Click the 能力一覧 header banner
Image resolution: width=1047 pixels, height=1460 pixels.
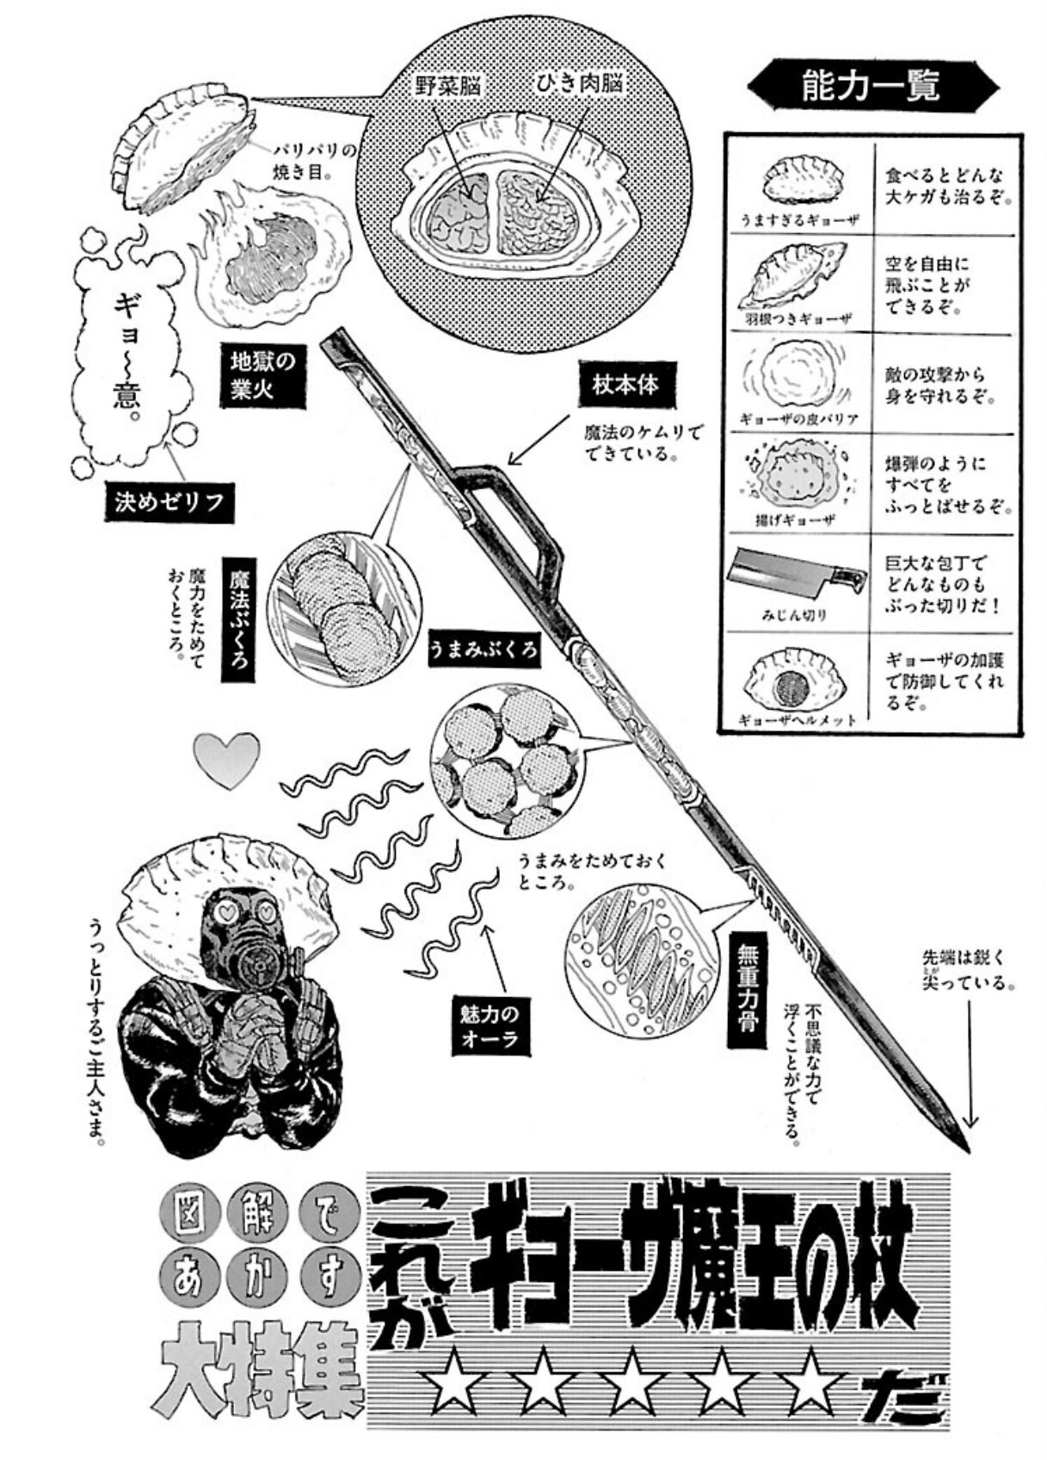point(870,86)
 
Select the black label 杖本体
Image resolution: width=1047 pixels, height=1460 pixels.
point(625,385)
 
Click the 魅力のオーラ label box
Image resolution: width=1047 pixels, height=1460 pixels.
point(490,1024)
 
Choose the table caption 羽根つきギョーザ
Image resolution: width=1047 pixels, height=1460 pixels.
point(796,318)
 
